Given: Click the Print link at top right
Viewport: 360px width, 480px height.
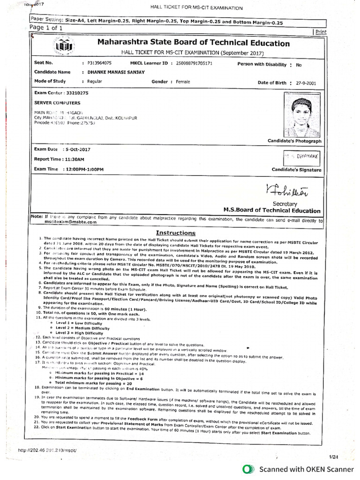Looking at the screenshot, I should [321, 32].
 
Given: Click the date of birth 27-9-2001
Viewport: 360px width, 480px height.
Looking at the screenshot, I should [306, 83].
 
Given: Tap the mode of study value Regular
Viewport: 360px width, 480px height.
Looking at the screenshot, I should [94, 82].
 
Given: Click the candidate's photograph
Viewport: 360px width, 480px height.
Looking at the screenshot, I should [301, 115].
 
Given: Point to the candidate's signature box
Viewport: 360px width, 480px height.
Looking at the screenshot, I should [302, 157].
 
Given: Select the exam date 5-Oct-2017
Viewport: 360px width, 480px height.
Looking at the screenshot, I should [77, 149].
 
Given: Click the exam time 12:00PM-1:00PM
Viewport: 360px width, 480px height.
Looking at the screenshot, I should [84, 169].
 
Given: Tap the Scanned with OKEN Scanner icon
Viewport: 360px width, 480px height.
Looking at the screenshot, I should [249, 469].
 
